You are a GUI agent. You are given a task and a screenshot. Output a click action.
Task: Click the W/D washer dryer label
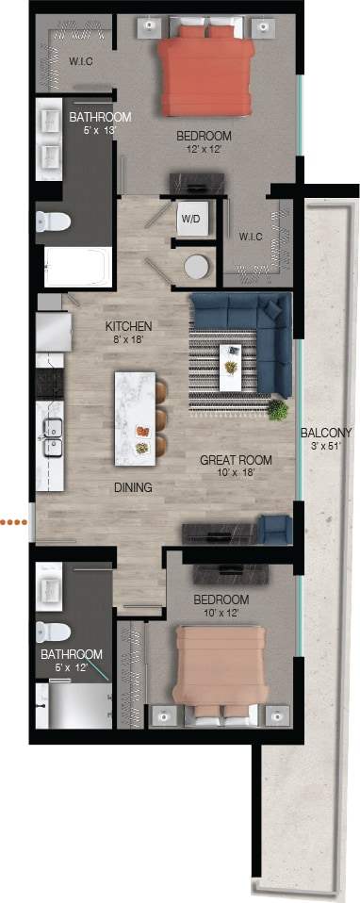pyautogui.click(x=190, y=219)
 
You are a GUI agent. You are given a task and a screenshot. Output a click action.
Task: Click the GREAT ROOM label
pyautogui.click(x=236, y=461)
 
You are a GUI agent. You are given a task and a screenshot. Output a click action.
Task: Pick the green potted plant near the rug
pyautogui.click(x=277, y=410)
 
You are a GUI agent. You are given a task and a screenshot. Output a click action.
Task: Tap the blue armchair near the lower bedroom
pyautogui.click(x=275, y=530)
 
